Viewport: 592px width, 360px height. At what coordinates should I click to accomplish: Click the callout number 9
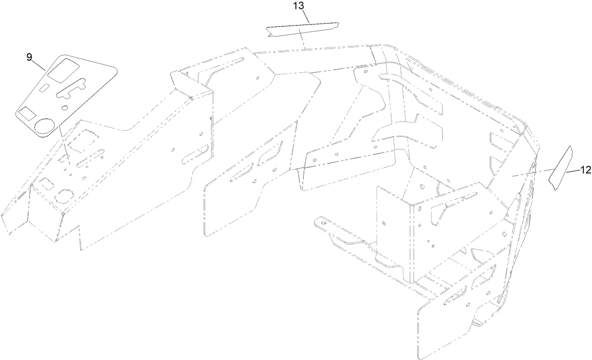[29, 57]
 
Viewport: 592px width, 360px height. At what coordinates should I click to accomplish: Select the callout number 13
[299, 6]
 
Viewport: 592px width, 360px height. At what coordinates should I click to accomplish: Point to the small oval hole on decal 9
[64, 108]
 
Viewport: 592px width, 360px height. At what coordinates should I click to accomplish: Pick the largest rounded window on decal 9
[63, 70]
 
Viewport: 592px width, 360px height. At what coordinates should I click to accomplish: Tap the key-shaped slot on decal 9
[71, 88]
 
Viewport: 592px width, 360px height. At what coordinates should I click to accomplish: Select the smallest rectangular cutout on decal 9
[44, 87]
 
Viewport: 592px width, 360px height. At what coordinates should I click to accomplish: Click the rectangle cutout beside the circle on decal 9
[26, 113]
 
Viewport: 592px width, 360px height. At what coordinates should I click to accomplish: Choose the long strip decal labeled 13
[303, 30]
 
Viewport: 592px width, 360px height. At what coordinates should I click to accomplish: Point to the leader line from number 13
[305, 16]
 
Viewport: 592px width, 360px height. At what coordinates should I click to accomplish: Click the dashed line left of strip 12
[533, 172]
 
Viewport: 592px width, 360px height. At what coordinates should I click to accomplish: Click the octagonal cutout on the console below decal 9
[64, 196]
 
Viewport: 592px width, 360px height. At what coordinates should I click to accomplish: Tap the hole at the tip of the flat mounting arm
[322, 223]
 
